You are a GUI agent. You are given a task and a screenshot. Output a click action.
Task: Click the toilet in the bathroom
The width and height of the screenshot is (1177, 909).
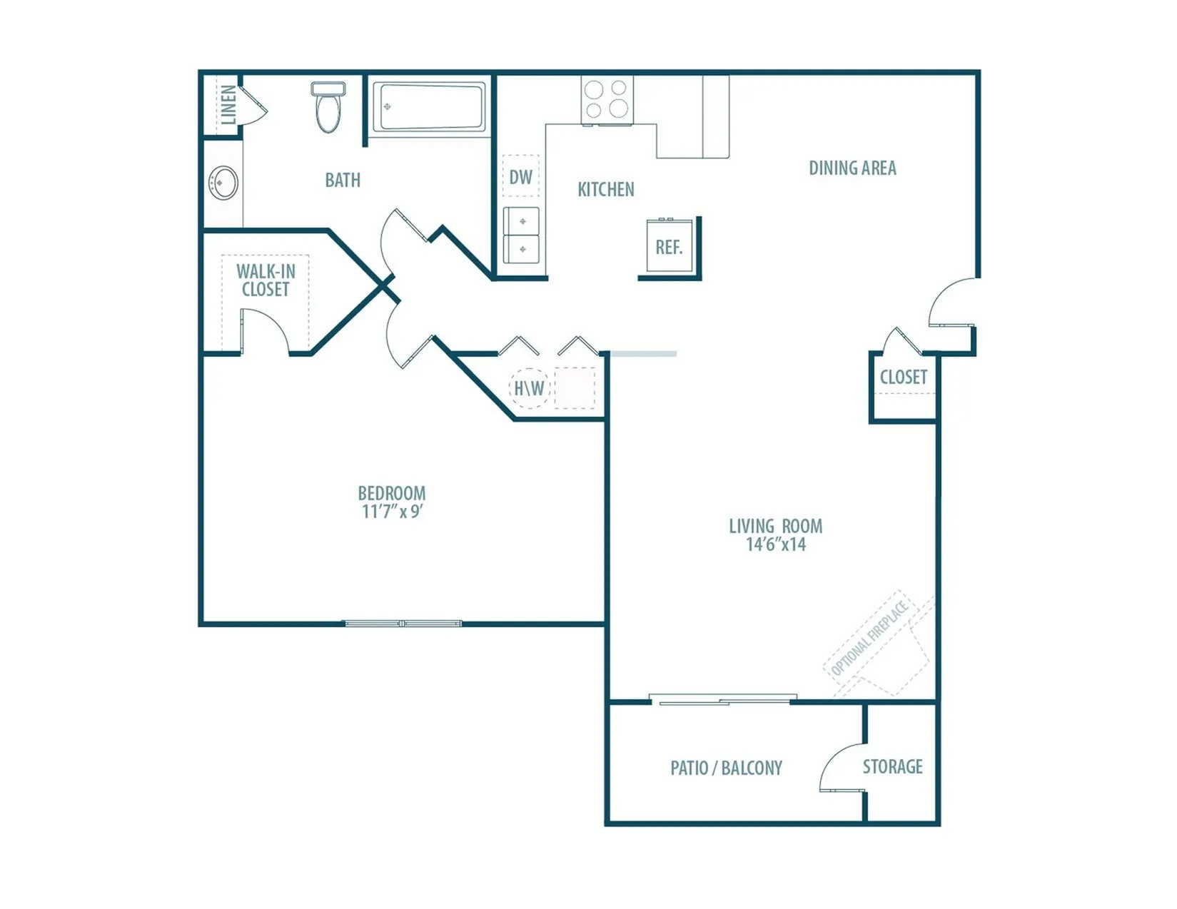point(328,107)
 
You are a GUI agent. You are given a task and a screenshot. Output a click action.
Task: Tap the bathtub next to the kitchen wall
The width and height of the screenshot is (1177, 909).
point(429,106)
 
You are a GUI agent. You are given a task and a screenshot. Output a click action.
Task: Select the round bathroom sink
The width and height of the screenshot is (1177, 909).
point(223,183)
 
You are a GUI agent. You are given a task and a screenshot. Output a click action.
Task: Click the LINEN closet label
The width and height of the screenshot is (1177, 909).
point(229,104)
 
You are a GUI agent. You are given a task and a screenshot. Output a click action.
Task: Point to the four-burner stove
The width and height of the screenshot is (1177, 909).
point(607,100)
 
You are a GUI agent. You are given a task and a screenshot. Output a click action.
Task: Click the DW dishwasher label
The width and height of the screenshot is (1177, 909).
point(520,177)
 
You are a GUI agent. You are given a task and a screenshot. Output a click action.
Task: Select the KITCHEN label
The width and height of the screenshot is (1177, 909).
point(605,190)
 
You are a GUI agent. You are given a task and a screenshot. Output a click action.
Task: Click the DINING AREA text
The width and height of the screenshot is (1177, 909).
point(852,168)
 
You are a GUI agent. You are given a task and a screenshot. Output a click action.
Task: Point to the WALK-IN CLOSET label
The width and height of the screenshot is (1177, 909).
point(266,280)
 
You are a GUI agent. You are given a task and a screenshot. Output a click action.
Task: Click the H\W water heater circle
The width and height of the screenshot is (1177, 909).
point(529,387)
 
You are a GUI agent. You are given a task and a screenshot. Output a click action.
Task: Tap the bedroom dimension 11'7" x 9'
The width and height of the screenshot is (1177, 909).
point(392,511)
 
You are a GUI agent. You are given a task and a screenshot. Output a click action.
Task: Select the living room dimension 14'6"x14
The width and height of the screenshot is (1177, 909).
point(776,544)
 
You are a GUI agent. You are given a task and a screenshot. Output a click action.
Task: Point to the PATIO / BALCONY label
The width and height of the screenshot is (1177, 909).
point(726,768)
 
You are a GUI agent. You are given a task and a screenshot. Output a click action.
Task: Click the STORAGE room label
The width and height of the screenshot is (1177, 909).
point(892,766)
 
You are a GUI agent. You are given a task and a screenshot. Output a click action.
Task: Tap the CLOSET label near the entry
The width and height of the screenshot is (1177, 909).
point(903,377)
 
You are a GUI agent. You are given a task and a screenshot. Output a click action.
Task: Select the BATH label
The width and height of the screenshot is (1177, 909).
point(343,180)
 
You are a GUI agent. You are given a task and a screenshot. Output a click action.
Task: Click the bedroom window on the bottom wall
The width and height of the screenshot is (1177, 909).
point(403,624)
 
